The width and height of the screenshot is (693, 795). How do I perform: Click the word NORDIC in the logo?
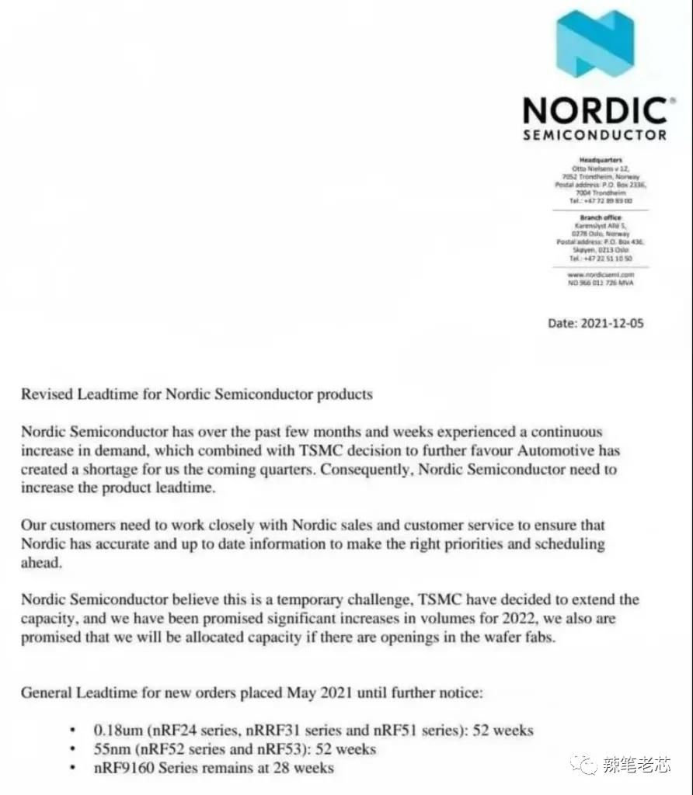(594, 110)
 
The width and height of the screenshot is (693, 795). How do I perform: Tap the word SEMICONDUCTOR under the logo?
(595, 135)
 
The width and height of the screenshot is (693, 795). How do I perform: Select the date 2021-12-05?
(611, 323)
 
